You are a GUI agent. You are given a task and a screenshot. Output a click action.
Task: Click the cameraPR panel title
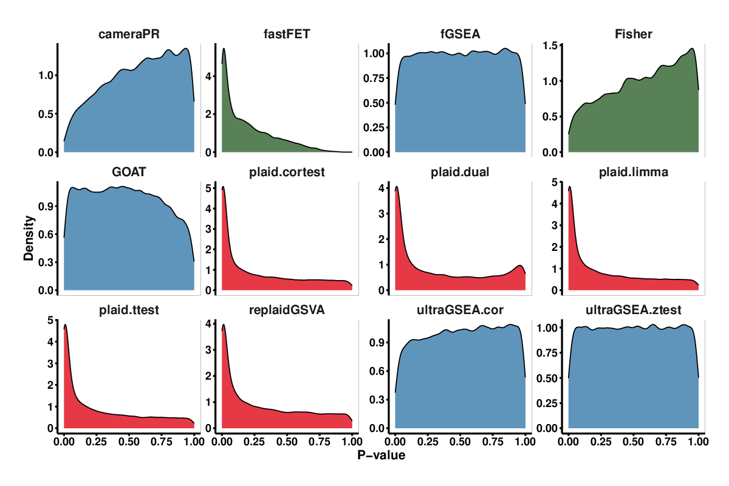tap(129, 35)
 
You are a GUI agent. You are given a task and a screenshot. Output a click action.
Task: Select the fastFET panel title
tap(287, 35)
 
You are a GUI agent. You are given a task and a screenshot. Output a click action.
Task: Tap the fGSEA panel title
tap(460, 35)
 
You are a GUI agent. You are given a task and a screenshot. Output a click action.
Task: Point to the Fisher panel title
tap(633, 35)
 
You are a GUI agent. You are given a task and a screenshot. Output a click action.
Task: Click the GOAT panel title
tap(129, 173)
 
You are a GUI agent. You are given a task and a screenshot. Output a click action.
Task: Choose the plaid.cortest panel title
tap(287, 173)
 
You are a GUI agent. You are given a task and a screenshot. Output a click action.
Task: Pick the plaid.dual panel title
tap(460, 173)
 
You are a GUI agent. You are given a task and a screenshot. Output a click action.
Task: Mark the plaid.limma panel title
tap(633, 173)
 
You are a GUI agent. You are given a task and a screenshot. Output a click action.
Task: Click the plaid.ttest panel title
tap(129, 311)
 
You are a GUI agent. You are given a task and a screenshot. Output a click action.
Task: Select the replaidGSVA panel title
tap(287, 311)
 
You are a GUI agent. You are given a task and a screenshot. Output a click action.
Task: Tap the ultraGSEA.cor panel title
tap(460, 311)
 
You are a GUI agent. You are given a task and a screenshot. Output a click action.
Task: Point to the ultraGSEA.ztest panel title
tap(633, 311)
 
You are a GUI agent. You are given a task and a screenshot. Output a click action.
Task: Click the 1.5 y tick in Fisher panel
tap(550, 46)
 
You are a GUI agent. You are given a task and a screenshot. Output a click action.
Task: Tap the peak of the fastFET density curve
tap(224, 49)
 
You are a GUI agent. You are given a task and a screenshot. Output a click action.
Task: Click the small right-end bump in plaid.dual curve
tap(519, 265)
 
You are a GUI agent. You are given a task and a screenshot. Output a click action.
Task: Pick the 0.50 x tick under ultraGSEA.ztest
tap(633, 442)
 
